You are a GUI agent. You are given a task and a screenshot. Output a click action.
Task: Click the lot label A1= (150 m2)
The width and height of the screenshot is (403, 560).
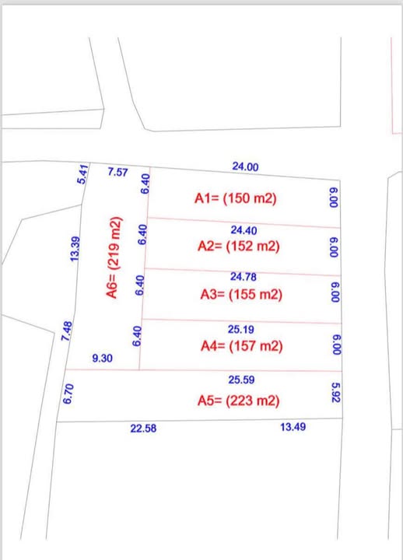tap(235, 199)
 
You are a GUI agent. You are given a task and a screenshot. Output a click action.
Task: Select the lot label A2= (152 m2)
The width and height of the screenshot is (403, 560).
tap(239, 247)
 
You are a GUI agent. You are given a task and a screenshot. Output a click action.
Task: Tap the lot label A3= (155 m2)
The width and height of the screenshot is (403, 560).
tap(240, 295)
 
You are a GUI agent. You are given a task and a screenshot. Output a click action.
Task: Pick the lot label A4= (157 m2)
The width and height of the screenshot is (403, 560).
tap(240, 346)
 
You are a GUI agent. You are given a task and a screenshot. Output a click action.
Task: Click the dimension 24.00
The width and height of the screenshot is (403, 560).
tap(245, 166)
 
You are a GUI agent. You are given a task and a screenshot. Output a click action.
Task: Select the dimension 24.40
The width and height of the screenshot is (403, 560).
tap(244, 230)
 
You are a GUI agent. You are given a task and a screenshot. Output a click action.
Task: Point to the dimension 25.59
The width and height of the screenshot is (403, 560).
tap(242, 380)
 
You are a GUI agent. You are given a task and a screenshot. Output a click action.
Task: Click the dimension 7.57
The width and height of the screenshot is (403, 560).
tap(118, 171)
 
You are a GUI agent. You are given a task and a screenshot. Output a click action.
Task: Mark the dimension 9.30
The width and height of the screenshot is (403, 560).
tap(101, 359)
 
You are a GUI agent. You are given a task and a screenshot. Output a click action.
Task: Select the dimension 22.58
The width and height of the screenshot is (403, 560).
tap(143, 427)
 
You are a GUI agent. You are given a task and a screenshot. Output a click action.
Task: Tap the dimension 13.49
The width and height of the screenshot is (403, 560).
tap(293, 427)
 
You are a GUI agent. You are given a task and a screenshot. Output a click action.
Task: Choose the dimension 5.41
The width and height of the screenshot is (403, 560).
tap(82, 173)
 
